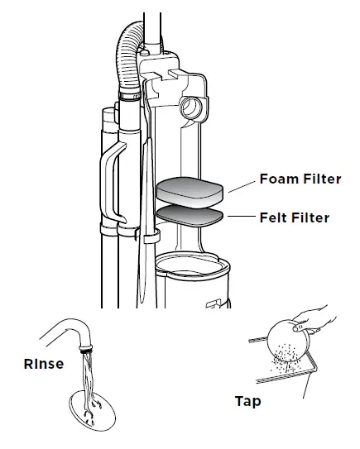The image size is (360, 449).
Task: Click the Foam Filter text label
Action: (x=300, y=179)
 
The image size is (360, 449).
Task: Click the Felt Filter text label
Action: (x=295, y=218)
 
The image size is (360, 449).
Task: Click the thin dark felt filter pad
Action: (x=188, y=217)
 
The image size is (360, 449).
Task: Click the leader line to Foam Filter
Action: (x=241, y=188)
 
